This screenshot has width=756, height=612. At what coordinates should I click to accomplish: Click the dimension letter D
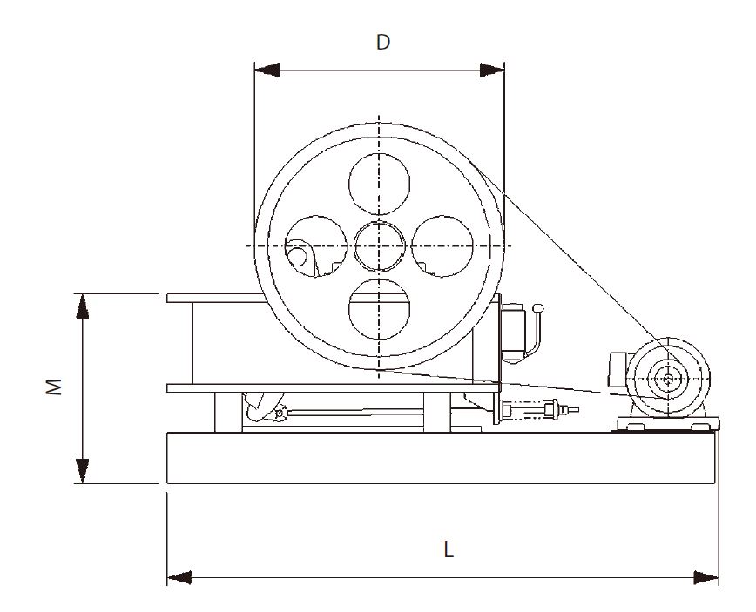tap(383, 43)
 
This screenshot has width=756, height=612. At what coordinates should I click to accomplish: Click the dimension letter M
tap(55, 387)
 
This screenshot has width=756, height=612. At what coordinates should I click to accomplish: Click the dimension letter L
tap(449, 550)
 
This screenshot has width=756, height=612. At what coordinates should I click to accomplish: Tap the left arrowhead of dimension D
tap(267, 70)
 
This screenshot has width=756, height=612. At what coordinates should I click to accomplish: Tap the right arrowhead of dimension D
tap(492, 70)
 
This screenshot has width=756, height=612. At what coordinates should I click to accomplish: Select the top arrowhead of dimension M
tap(83, 306)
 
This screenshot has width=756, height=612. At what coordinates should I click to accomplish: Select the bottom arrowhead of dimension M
tap(83, 471)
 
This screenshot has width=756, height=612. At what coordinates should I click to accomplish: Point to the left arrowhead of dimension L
tap(179, 577)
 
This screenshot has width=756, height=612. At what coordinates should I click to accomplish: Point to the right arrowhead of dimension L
tap(705, 577)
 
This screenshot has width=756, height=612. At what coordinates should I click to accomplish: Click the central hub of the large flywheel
tap(380, 246)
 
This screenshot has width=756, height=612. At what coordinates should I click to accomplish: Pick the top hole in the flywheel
tap(380, 184)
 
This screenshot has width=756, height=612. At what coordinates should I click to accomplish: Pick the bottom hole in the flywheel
tap(380, 309)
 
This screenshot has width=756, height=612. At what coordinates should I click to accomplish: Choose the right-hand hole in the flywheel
tap(442, 246)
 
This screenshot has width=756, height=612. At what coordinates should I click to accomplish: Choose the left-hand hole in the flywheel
tap(316, 246)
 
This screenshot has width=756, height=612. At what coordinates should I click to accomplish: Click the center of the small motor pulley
tap(668, 379)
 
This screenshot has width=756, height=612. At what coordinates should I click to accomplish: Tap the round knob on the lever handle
tap(537, 308)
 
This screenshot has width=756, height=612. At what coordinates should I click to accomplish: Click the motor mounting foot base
tap(668, 424)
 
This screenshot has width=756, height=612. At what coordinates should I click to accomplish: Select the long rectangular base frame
tap(441, 458)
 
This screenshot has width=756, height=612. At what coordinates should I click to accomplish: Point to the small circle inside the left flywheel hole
tap(297, 256)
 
